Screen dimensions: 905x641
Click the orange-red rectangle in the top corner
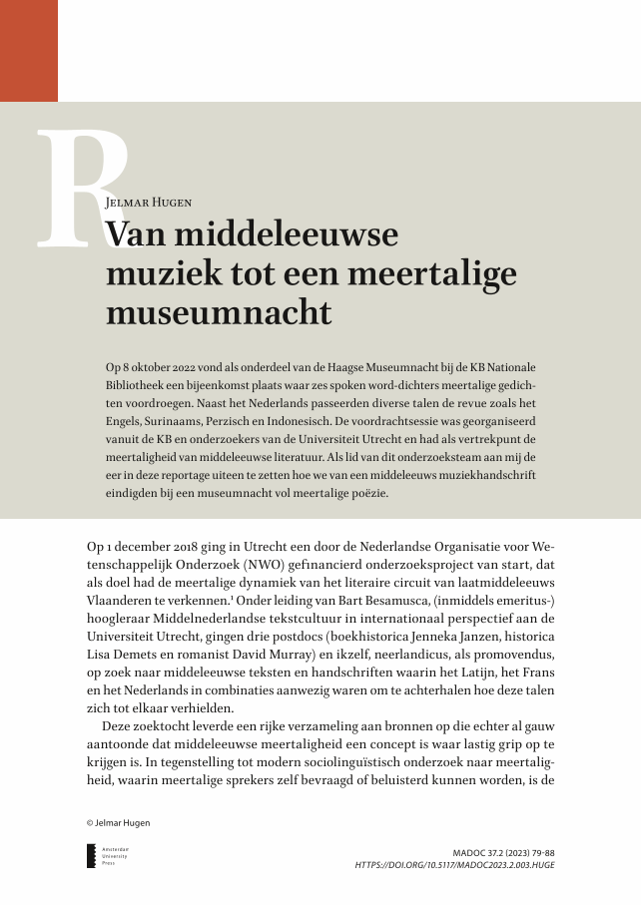coord(29,50)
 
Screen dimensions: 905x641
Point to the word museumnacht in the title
coord(218,312)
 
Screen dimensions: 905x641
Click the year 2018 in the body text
coord(186,548)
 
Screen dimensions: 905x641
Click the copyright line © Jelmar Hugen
coord(118,822)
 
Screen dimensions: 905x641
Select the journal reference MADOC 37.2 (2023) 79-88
coord(503,854)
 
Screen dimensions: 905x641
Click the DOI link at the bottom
coord(454,865)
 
